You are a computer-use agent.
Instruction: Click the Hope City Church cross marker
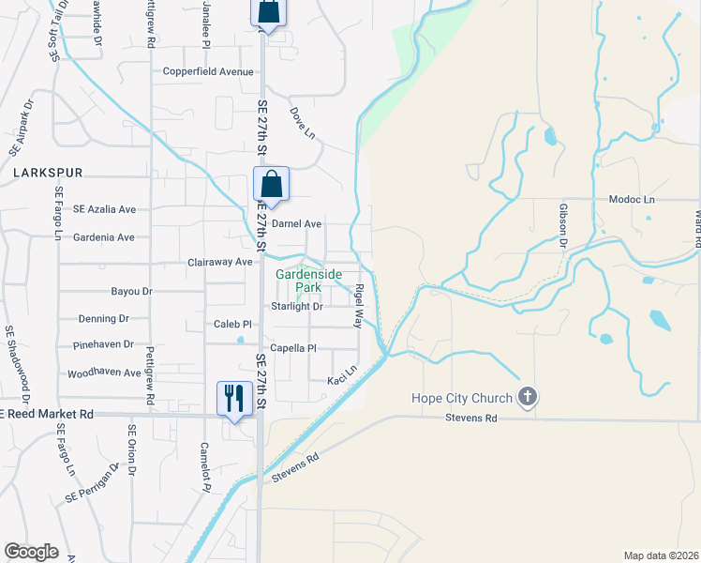tap(528, 397)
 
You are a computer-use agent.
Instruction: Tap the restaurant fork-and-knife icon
tap(231, 397)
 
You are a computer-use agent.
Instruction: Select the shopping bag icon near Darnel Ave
tap(271, 183)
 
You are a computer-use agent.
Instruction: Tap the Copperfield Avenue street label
tap(207, 71)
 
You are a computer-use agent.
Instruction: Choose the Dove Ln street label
tap(302, 123)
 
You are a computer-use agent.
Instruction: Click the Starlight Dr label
tap(297, 307)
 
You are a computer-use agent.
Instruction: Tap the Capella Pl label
tap(293, 348)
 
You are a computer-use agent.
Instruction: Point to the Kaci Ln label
tap(342, 376)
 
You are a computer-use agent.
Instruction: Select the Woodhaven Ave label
tap(104, 373)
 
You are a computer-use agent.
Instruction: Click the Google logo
tap(32, 552)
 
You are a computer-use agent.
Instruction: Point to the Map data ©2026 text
tap(661, 555)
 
